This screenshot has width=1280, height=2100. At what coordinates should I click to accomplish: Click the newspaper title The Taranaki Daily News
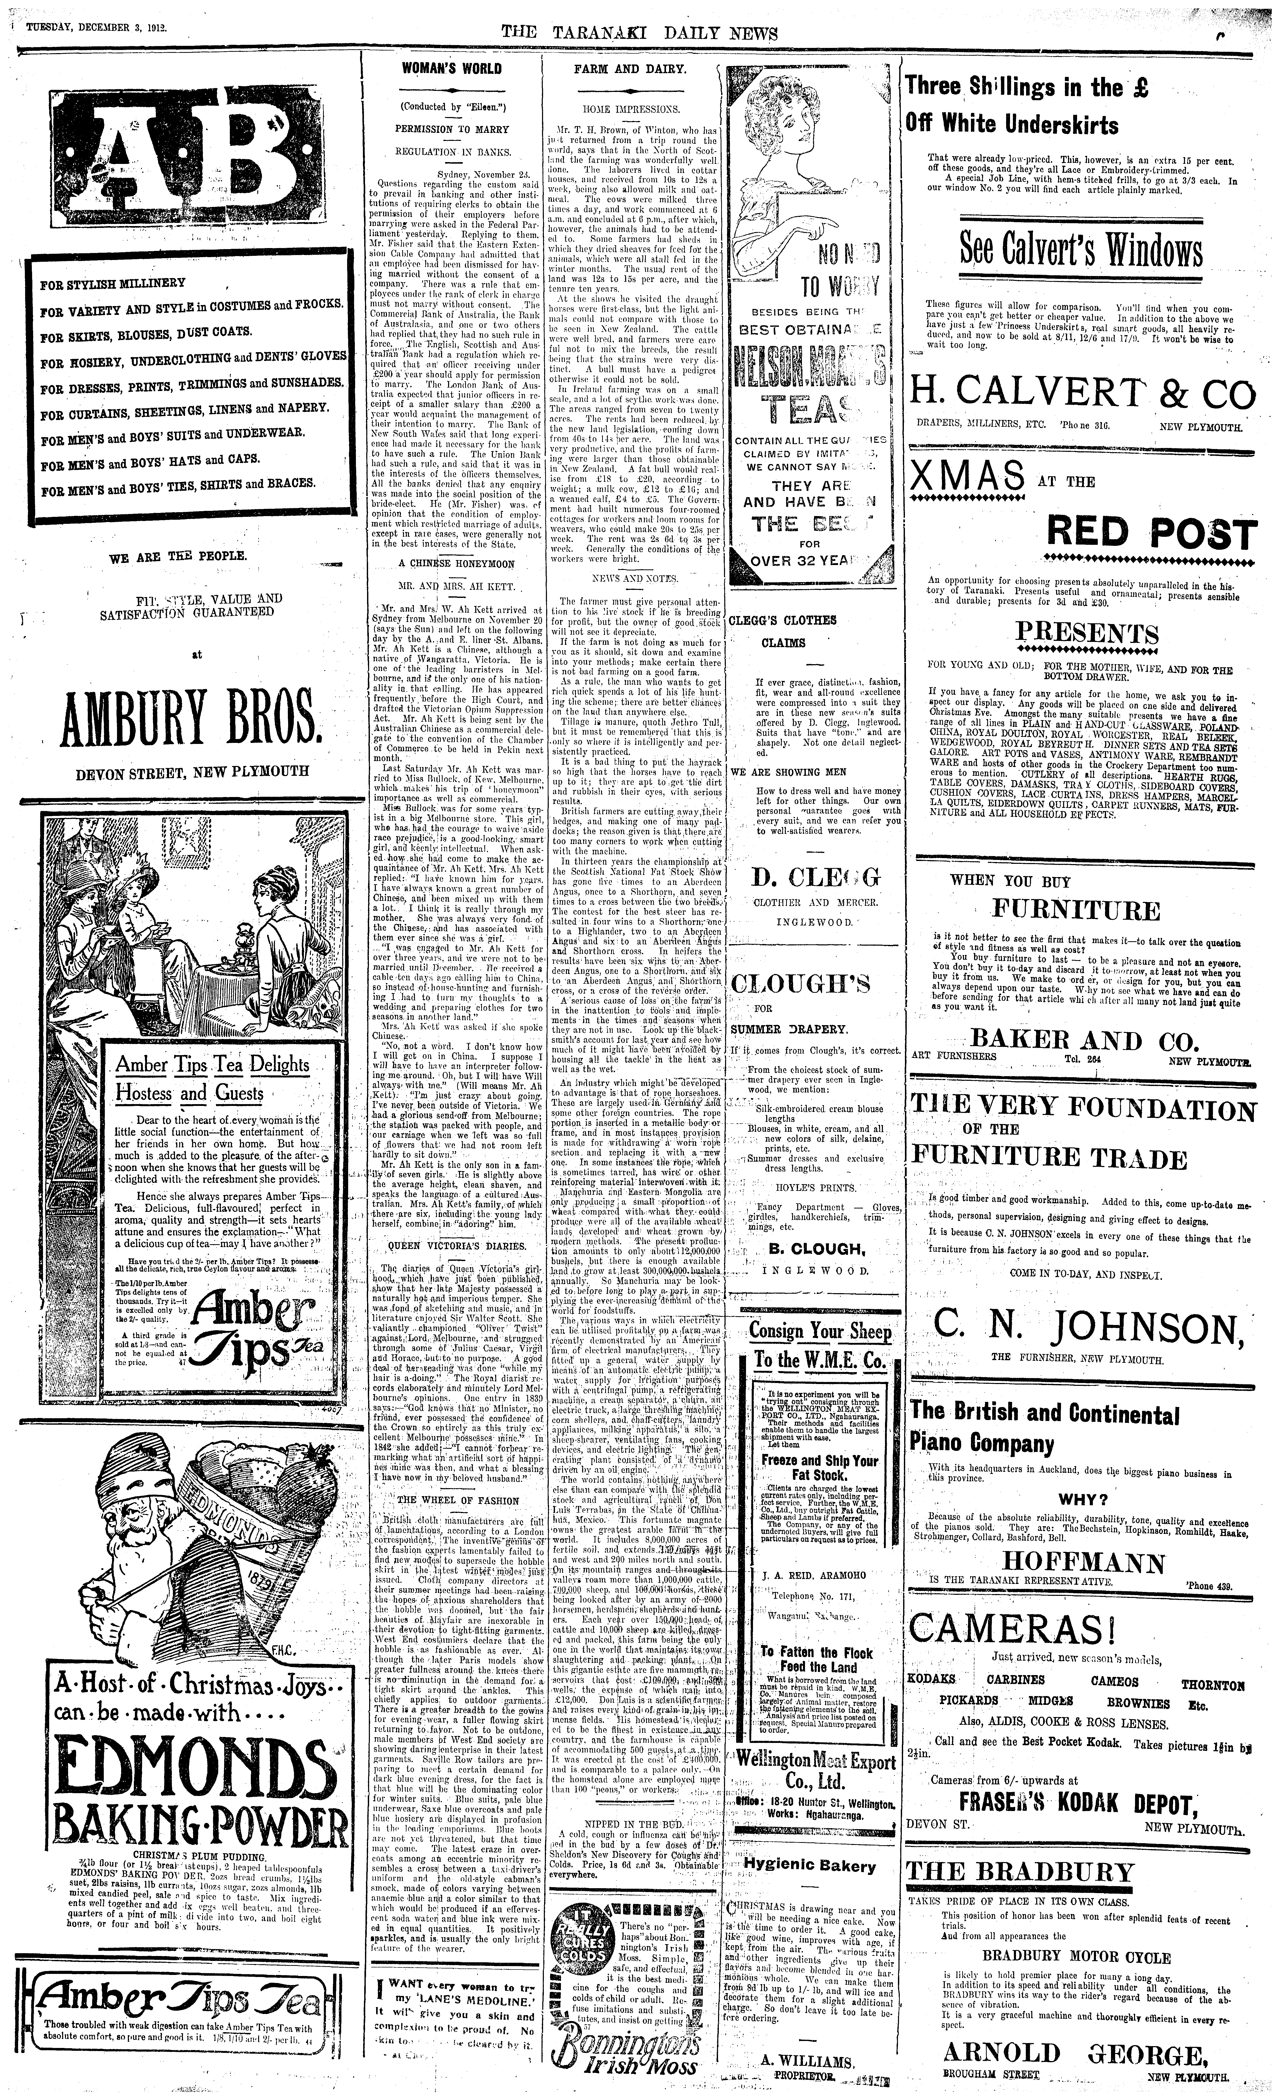tap(639, 32)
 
